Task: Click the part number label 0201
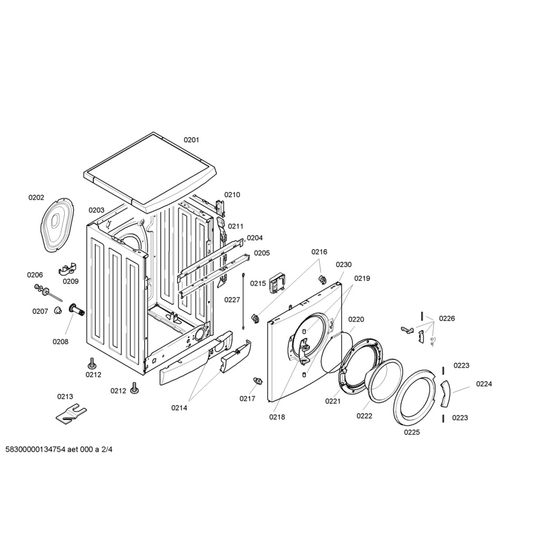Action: point(191,140)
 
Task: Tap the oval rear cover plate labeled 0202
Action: point(57,224)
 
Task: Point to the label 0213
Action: point(65,397)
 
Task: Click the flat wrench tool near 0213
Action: point(71,414)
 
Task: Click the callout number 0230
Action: point(344,265)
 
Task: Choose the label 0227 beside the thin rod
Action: point(232,300)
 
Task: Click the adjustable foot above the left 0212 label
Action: point(92,364)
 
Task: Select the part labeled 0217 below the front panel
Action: point(257,381)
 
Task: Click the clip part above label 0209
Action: point(68,269)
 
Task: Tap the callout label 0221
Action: point(333,401)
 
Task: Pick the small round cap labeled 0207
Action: point(58,311)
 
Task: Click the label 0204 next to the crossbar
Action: point(255,238)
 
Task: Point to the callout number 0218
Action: point(277,417)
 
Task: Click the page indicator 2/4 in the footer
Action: point(107,450)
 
